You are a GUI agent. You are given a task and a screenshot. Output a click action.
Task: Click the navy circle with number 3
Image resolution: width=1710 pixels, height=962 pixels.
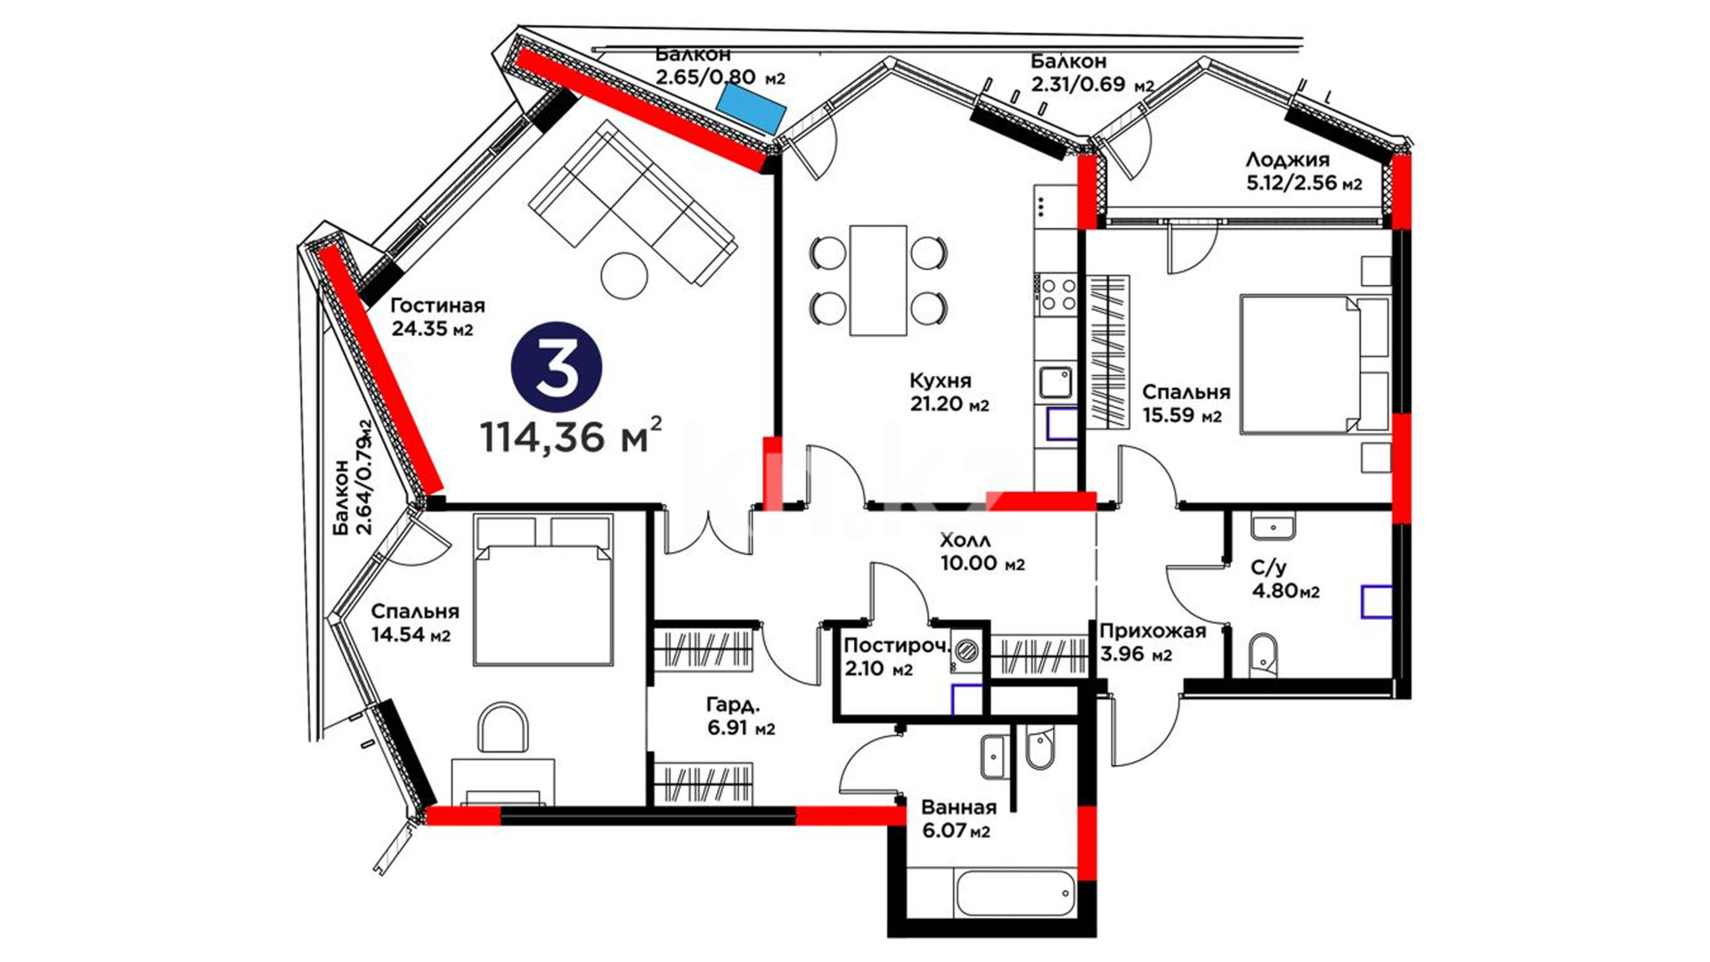point(557,368)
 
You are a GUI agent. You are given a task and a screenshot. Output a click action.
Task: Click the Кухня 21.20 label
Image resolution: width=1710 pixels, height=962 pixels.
point(949,392)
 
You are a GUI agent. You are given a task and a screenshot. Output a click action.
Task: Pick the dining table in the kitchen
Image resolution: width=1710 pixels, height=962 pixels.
point(878,280)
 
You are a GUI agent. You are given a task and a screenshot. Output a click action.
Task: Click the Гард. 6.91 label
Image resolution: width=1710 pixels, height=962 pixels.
point(741,716)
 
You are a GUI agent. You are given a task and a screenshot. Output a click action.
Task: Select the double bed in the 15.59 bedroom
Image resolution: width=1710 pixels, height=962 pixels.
point(1315,365)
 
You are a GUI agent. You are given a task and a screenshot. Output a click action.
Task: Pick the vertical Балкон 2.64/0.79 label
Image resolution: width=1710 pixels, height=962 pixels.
point(352,477)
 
